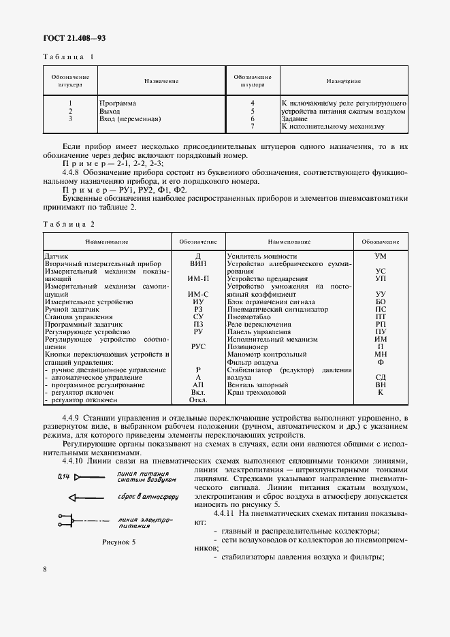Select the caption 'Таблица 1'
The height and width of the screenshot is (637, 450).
pos(69,57)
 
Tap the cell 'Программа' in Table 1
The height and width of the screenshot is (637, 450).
pos(117,103)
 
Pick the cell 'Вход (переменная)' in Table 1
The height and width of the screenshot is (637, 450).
pos(129,118)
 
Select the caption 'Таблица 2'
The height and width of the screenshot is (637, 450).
pos(69,224)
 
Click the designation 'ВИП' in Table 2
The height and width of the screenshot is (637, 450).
pos(197,263)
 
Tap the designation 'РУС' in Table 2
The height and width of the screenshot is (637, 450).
pos(197,346)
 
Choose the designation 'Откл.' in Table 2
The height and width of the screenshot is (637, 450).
pos(197,400)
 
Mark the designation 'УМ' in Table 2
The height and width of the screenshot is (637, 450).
pos(381,256)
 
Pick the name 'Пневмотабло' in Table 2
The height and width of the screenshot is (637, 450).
pos(249,316)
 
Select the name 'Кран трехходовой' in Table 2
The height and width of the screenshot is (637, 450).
pos(257,393)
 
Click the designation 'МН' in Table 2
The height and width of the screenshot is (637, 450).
pos(381,354)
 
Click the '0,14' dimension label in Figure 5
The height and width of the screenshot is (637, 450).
pos(65,476)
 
